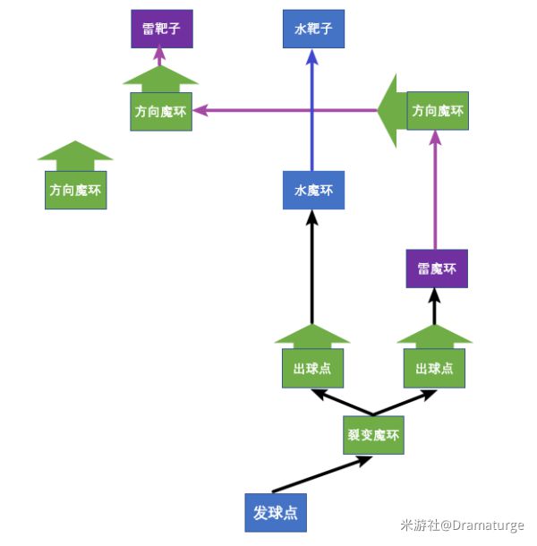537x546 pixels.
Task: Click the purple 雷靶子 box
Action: point(161,29)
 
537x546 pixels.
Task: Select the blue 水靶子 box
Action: point(312,29)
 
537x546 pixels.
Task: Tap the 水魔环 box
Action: point(312,190)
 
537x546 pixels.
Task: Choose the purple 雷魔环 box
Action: point(437,269)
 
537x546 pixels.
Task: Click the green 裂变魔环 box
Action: point(373,436)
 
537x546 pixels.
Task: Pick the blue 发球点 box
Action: point(275,513)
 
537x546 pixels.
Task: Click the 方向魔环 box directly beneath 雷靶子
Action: point(161,112)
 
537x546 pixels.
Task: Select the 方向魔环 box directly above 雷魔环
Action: point(438,112)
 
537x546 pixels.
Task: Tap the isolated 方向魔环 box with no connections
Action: point(76,190)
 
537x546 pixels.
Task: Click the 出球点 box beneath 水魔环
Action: point(311,368)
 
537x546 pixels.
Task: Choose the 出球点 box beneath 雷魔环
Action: point(435,368)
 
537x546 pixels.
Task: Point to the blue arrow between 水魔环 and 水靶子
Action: point(312,107)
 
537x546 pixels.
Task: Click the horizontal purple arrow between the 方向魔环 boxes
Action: point(286,111)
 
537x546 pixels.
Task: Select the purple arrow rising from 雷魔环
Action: point(435,192)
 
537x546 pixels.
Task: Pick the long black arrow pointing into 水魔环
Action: point(311,269)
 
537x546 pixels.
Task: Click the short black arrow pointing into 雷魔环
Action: point(435,306)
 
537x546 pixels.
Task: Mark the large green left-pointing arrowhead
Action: point(390,111)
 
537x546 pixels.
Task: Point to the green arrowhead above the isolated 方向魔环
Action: point(76,155)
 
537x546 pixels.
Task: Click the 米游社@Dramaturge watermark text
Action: point(462,525)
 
